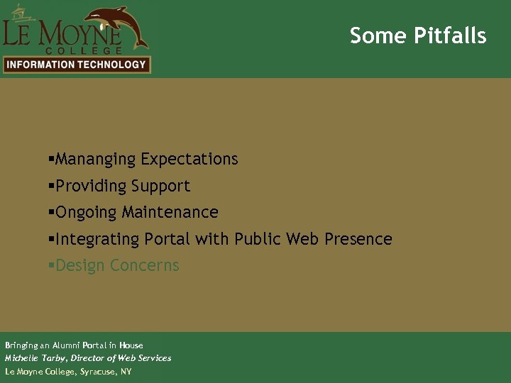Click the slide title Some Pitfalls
click(418, 35)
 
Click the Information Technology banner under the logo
click(77, 65)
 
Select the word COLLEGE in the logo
click(84, 50)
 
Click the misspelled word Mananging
click(96, 160)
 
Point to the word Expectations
click(189, 160)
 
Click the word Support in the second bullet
click(164, 187)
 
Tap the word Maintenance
click(170, 213)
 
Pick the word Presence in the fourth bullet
click(358, 240)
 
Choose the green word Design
click(79, 266)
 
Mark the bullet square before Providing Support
click(51, 186)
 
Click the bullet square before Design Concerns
click(51, 265)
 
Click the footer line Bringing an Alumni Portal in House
click(74, 345)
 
